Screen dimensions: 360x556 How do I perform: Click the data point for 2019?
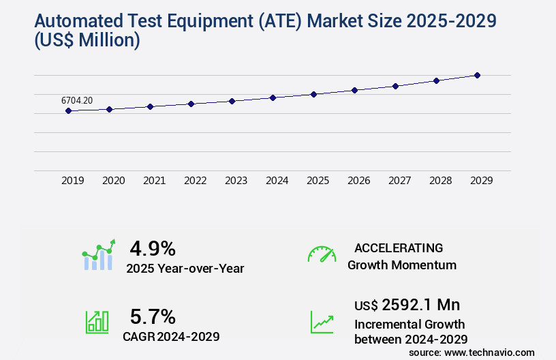(x=68, y=110)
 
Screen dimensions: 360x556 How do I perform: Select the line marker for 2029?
(x=477, y=75)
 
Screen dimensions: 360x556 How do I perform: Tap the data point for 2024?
(x=273, y=97)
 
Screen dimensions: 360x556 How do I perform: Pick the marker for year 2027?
(x=395, y=86)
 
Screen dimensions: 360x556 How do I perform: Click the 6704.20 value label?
(x=77, y=100)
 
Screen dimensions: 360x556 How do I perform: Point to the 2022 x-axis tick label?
(x=195, y=181)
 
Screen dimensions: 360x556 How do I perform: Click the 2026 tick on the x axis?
(x=358, y=181)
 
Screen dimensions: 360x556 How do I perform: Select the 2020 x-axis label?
(x=113, y=181)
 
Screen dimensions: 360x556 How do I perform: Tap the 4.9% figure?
(x=153, y=247)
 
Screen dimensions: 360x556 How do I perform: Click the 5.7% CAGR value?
(x=153, y=316)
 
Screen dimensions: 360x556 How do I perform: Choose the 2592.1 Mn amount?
(x=420, y=305)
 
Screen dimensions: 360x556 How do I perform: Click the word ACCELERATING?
(x=399, y=248)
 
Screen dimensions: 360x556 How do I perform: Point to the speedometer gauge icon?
(x=322, y=254)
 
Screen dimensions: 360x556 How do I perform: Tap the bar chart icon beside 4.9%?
(x=99, y=255)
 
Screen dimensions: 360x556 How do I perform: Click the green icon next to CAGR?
(x=97, y=321)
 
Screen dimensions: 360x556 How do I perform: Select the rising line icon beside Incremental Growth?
(x=322, y=322)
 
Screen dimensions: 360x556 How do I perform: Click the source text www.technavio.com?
(x=489, y=352)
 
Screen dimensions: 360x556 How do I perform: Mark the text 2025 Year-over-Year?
(x=185, y=269)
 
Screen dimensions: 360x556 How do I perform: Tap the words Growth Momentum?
(x=401, y=265)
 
